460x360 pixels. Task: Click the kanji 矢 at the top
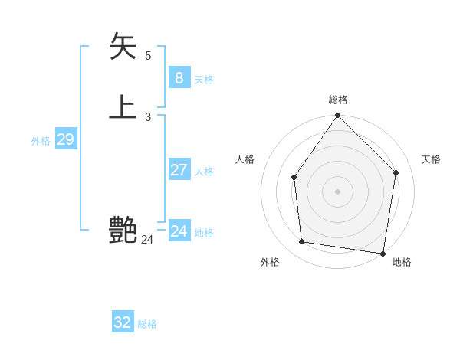tap(123, 46)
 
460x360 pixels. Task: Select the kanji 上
tap(123, 106)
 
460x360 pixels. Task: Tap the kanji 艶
tap(123, 229)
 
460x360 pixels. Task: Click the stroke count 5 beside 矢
tap(148, 55)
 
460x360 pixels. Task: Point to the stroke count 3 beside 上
tap(148, 116)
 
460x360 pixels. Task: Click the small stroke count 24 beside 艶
tap(147, 240)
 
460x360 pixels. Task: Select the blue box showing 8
tap(179, 77)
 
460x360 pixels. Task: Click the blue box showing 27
tap(179, 170)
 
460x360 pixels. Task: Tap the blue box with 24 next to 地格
tap(179, 231)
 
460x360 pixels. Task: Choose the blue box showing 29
tap(65, 139)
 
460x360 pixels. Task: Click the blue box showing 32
tap(123, 322)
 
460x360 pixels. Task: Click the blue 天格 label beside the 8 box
tap(204, 80)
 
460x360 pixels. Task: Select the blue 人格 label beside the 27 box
tap(204, 172)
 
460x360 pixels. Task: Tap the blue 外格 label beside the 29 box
tap(41, 141)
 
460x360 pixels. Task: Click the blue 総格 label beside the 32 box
tap(147, 324)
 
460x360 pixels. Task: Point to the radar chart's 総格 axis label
tap(338, 100)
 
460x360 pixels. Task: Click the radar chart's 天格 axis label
tap(431, 159)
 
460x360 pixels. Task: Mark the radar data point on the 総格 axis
tap(337, 116)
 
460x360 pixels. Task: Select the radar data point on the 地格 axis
tap(383, 253)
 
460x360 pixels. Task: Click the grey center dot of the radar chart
tap(337, 191)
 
